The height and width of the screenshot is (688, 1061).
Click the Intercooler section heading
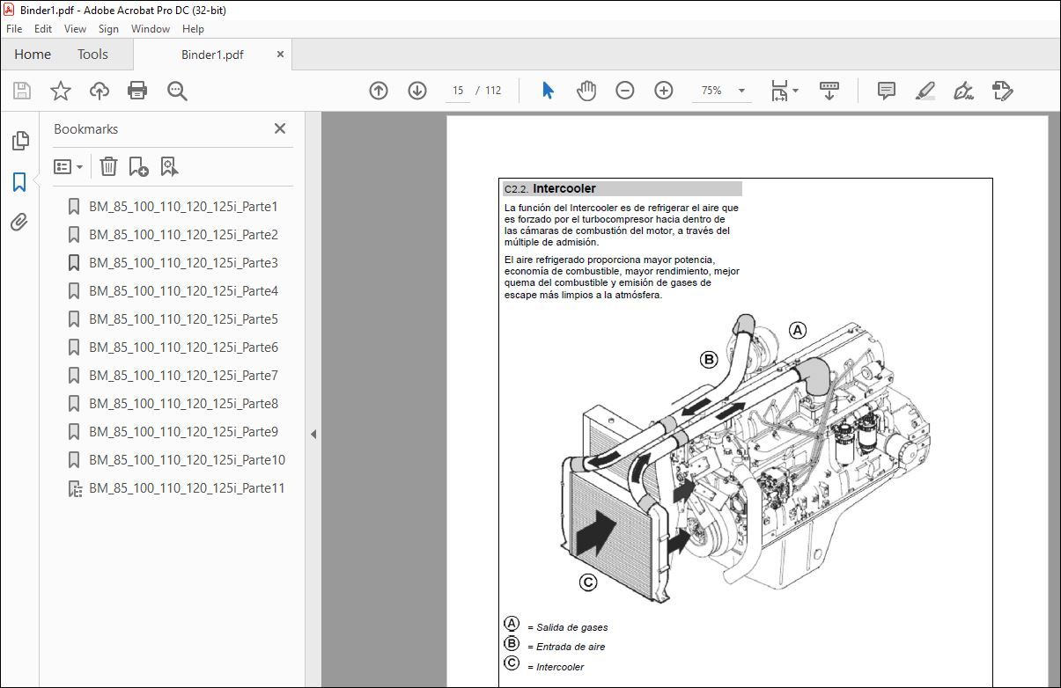(x=564, y=188)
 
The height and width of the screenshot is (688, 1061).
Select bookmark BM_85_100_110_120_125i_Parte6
(x=183, y=348)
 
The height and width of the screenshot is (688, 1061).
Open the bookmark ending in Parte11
(x=187, y=488)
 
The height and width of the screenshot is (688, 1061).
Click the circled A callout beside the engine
(x=797, y=331)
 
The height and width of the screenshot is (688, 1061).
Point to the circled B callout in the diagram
(x=709, y=359)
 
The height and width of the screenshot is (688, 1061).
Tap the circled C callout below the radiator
(x=588, y=582)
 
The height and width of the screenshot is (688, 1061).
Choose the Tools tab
(x=92, y=55)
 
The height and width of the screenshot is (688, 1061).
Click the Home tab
(x=33, y=55)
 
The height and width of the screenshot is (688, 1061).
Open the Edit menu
(x=43, y=29)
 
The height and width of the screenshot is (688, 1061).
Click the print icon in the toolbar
(x=137, y=91)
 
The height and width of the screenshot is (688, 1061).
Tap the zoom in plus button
(x=664, y=91)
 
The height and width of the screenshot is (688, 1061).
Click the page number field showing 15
(x=458, y=91)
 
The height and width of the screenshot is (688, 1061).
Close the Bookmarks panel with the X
(x=280, y=128)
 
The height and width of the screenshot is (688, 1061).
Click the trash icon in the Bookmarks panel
(x=108, y=166)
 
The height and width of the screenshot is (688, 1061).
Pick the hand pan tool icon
(x=586, y=91)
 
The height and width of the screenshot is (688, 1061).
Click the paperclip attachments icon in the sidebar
(x=19, y=223)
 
